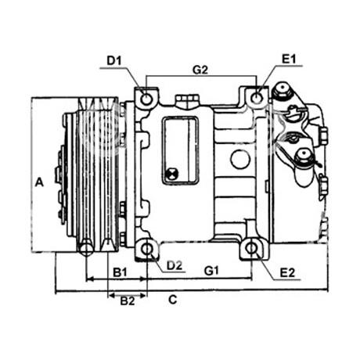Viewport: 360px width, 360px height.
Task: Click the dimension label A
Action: click(39, 182)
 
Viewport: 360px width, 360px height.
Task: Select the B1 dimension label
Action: click(120, 272)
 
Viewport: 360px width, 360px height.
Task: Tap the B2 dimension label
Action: click(128, 301)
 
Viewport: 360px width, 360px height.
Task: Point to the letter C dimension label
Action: click(173, 300)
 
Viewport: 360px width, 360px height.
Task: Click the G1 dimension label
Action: click(211, 271)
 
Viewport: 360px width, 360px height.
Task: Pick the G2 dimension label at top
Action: click(200, 70)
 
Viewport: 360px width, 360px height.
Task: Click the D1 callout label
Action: click(114, 61)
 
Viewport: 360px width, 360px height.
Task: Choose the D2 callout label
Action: click(175, 265)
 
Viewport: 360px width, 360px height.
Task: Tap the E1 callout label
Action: click(289, 59)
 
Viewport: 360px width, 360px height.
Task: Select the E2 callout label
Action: click(287, 273)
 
